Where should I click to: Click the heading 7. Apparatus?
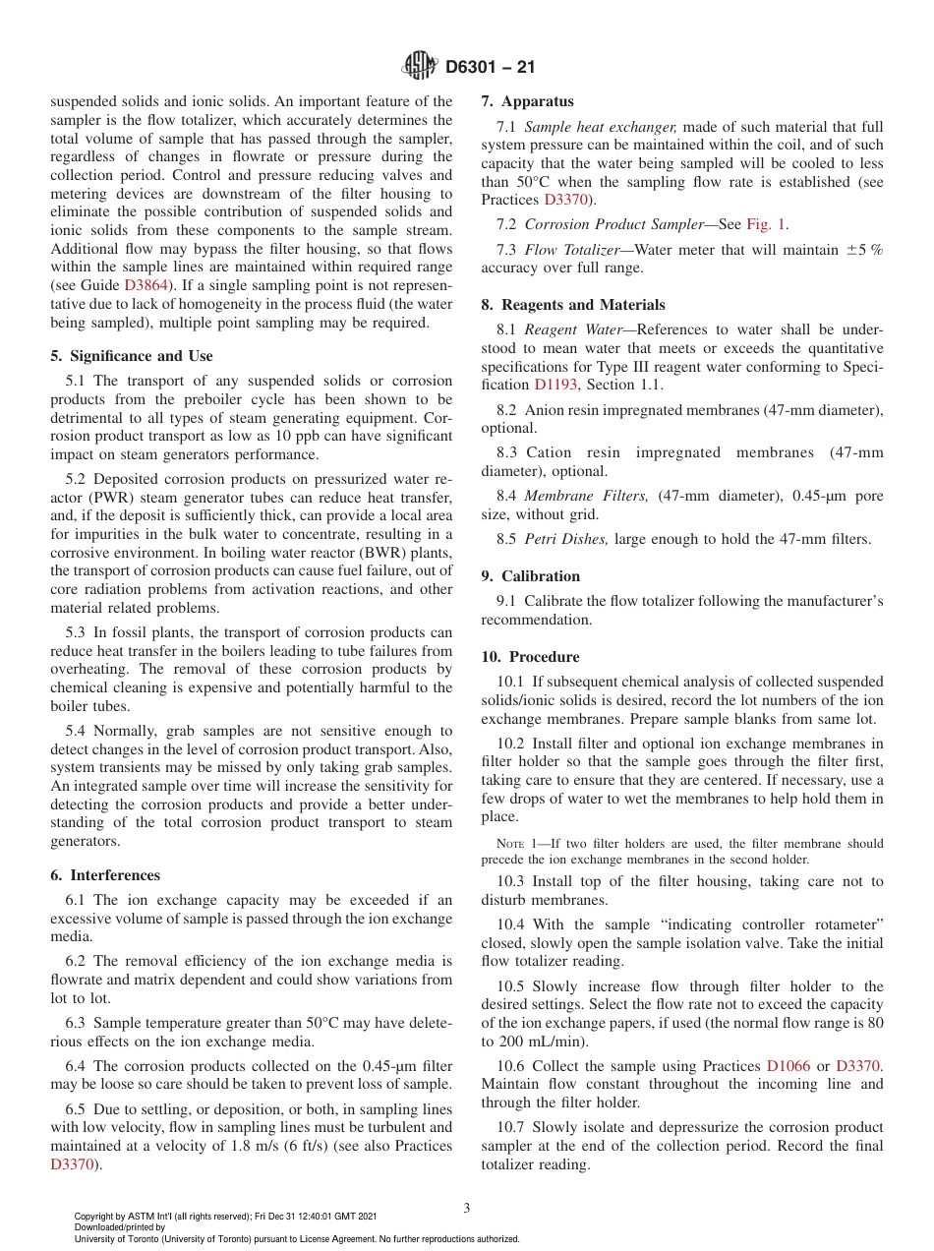[527, 100]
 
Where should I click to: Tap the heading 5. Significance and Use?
[131, 356]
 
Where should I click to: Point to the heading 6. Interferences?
[105, 875]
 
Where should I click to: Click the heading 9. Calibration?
[530, 576]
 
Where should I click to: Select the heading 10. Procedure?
[530, 657]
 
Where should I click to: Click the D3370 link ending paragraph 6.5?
[72, 1164]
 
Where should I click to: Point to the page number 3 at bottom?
[467, 1209]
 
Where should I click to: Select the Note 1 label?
[516, 844]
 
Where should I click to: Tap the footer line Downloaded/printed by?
[120, 1227]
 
